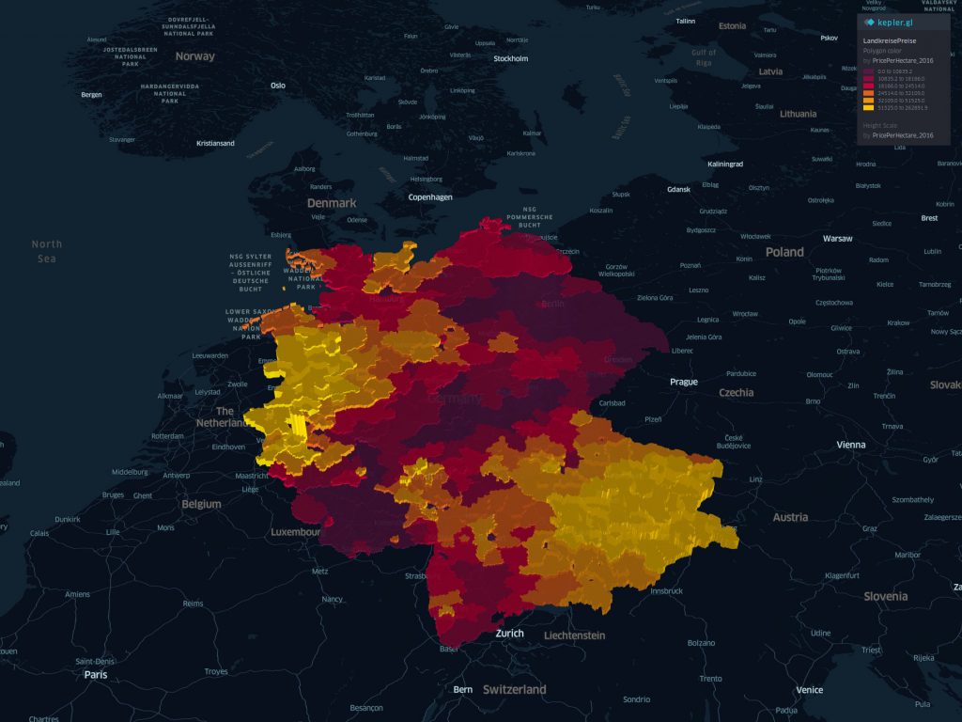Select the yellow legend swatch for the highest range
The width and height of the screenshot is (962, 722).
[x=868, y=107]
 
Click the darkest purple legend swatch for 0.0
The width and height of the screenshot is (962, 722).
[x=868, y=71]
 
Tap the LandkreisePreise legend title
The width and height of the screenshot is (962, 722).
[x=889, y=42]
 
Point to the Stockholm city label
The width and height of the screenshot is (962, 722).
[x=511, y=58]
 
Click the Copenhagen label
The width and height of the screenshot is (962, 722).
[x=430, y=197]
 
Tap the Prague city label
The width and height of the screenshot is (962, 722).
[x=684, y=382]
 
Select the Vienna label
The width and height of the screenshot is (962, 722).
[x=851, y=445]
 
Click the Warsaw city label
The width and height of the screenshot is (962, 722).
[x=837, y=239]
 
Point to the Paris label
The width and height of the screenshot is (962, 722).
[x=96, y=674]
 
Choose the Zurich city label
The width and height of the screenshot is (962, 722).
[x=509, y=634]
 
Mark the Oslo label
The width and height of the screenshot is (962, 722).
[x=278, y=86]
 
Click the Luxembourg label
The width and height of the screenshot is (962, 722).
[x=296, y=532]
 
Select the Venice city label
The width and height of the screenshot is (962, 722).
[x=809, y=690]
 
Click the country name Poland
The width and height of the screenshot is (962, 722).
[x=784, y=252]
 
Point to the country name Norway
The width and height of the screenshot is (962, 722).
[x=195, y=56]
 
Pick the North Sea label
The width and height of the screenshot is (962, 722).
[x=46, y=251]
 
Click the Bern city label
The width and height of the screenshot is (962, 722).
[x=463, y=689]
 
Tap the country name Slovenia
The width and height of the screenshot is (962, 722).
[x=886, y=596]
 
